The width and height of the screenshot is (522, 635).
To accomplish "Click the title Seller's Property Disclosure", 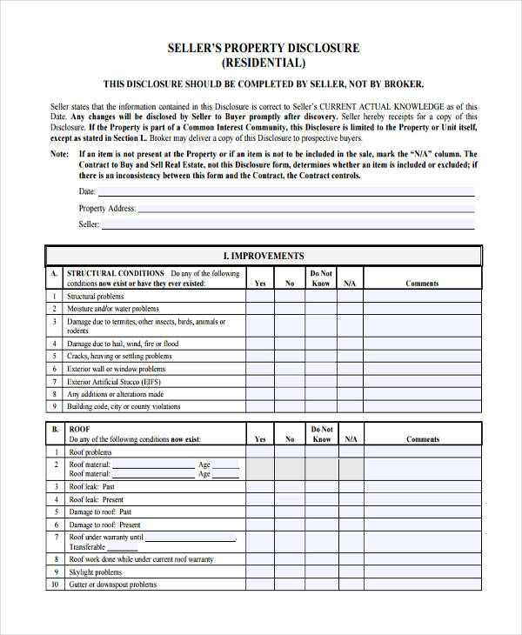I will [x=263, y=48].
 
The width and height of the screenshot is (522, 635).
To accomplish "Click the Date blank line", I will [x=286, y=191].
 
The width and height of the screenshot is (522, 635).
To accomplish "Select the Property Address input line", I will [x=305, y=209].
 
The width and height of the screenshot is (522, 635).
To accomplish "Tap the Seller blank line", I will [x=288, y=224].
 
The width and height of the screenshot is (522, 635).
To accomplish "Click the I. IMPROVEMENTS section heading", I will [x=263, y=256].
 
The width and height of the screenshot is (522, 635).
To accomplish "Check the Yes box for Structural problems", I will [x=260, y=297].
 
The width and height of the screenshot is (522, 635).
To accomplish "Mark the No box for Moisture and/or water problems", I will [x=290, y=309].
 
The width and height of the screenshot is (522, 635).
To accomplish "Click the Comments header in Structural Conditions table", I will [x=422, y=284].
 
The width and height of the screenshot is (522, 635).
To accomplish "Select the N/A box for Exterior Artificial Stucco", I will [x=351, y=381].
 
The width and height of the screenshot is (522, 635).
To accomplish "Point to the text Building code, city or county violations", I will [x=124, y=406].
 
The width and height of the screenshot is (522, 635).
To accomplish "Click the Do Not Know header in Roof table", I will [x=321, y=434].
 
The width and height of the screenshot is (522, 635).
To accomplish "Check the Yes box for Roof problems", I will [x=260, y=452].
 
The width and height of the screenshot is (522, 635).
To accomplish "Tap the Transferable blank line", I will [x=123, y=548].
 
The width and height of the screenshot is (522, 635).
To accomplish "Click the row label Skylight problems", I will [x=96, y=572].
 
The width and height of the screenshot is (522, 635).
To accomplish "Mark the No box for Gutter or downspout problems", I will [x=290, y=585].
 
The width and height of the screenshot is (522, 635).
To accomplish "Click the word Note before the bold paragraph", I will [x=59, y=154].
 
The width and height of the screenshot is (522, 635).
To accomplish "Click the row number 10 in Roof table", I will [x=54, y=585].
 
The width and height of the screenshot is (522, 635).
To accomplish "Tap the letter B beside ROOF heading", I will [x=54, y=429].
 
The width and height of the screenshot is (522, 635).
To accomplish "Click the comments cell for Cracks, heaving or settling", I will [x=422, y=356].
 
